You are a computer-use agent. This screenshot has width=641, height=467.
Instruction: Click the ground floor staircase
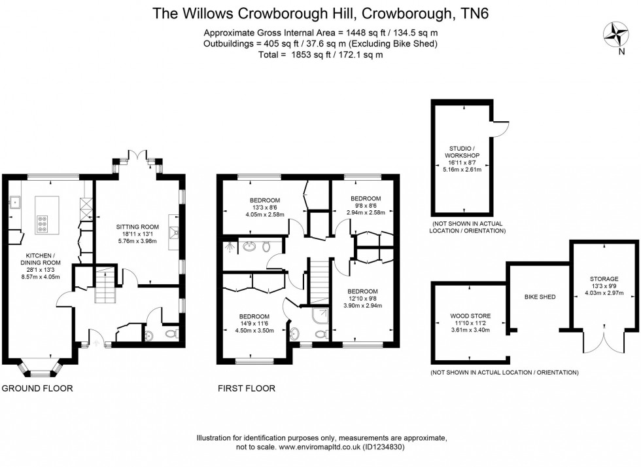pos(105,284)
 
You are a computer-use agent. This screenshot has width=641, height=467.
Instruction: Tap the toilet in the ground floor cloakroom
pos(171,335)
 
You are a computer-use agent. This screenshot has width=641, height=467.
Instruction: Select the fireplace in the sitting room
pos(173,230)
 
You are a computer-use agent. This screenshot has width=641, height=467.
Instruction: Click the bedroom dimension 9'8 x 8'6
pos(365,206)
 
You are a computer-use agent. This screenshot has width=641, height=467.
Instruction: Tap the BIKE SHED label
pos(540,297)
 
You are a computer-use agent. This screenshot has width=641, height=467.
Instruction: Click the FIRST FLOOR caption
pos(246,388)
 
